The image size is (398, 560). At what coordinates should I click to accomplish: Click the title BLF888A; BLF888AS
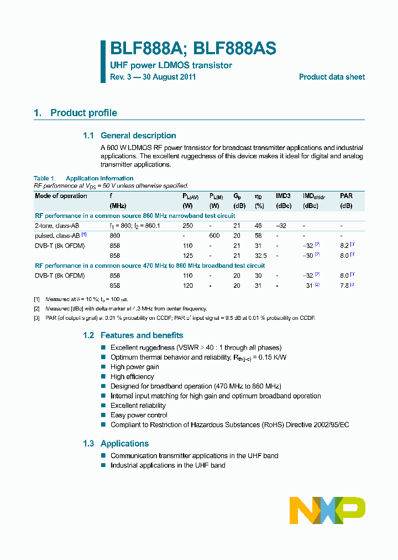coord(193,49)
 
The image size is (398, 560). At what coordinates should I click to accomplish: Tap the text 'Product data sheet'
coord(332,77)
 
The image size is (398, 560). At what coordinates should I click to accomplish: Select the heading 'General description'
coord(138,136)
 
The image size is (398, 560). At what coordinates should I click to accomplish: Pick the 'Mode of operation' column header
coord(61,196)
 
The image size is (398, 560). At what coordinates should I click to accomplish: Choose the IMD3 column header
coord(284,196)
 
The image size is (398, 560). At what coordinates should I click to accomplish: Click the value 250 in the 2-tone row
coord(188,225)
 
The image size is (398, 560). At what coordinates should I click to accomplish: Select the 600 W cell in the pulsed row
coord(214,235)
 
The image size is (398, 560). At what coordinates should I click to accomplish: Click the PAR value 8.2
coord(343,245)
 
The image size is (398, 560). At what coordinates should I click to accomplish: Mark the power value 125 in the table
coord(188,255)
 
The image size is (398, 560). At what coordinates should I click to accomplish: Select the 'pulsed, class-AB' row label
coord(57,235)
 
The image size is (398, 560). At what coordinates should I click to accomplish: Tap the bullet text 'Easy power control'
coord(139,415)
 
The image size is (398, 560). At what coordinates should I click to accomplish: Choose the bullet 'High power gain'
coord(134,367)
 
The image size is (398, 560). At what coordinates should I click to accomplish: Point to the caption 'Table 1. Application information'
coord(83,178)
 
